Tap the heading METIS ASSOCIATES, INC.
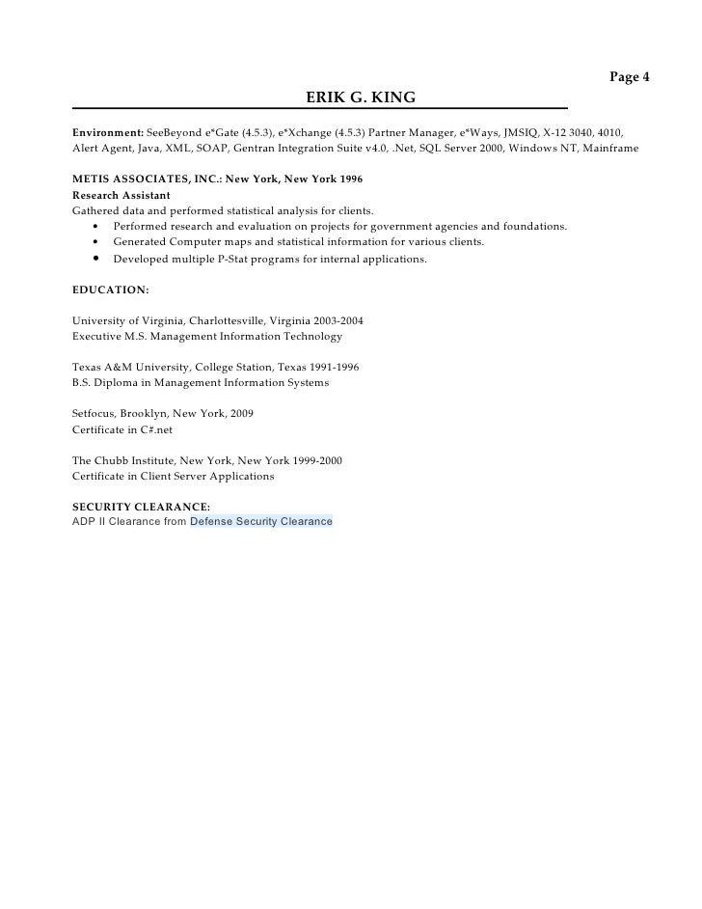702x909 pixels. pos(145,179)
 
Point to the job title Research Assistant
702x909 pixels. pos(121,195)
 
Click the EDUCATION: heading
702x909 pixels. pos(111,289)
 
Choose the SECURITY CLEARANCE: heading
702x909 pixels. pos(141,506)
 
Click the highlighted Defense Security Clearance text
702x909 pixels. pos(261,521)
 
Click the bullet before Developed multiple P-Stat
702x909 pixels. pos(97,259)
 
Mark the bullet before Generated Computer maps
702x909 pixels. pos(97,241)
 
